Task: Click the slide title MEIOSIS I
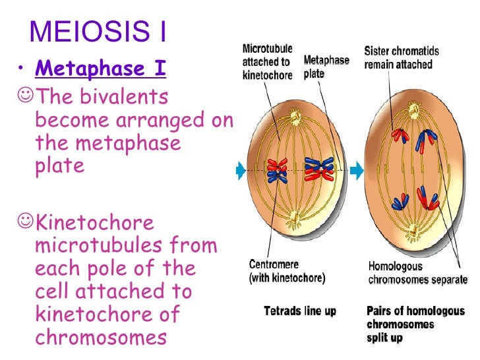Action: click(x=99, y=32)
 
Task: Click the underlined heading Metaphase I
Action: click(x=100, y=69)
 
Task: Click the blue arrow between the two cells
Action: click(x=356, y=170)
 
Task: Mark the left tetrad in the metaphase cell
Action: click(x=277, y=169)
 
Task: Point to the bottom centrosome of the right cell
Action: click(x=413, y=232)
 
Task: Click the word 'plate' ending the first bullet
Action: click(x=59, y=165)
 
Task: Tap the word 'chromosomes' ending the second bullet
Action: click(x=99, y=336)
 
